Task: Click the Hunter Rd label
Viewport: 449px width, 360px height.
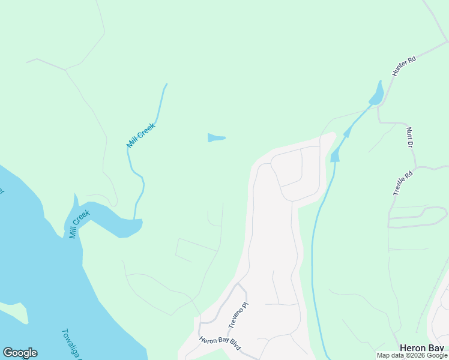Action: pos(404,66)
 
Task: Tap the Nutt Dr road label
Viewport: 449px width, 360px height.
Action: pos(411,137)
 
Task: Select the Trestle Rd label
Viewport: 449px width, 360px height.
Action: pos(403,184)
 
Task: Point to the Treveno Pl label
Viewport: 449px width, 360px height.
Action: pos(238,314)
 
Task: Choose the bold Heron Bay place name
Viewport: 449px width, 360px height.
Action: pos(422,348)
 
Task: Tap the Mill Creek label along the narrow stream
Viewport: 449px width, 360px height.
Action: pos(141,135)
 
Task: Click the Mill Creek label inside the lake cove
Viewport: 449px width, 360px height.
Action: pos(79,224)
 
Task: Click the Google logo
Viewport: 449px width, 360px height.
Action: pos(20,353)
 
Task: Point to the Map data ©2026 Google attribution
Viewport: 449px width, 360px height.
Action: pos(412,356)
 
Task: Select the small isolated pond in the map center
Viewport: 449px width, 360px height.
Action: pos(215,138)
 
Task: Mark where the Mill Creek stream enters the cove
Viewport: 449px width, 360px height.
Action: pos(134,218)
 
